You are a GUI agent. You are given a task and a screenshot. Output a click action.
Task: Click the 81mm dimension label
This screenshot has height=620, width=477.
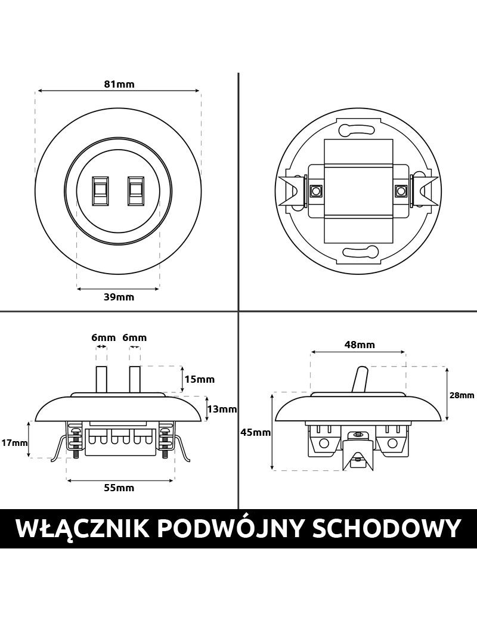119,84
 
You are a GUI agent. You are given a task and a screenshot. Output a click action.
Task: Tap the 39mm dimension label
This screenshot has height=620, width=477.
119,297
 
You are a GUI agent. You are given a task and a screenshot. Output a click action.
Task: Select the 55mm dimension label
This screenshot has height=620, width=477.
119,488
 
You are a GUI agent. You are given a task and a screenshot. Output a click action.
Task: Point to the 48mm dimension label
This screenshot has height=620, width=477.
360,345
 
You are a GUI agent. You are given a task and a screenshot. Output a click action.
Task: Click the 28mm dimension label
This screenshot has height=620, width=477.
461,395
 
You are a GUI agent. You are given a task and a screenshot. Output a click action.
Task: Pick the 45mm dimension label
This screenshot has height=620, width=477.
256,433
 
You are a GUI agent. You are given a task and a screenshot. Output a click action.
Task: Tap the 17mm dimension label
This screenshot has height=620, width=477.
15,442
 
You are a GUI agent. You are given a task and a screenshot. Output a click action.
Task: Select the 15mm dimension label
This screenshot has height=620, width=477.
200,379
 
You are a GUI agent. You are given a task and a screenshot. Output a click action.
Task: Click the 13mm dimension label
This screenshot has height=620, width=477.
222,409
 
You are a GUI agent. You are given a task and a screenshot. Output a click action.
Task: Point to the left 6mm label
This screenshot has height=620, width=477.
103,337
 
